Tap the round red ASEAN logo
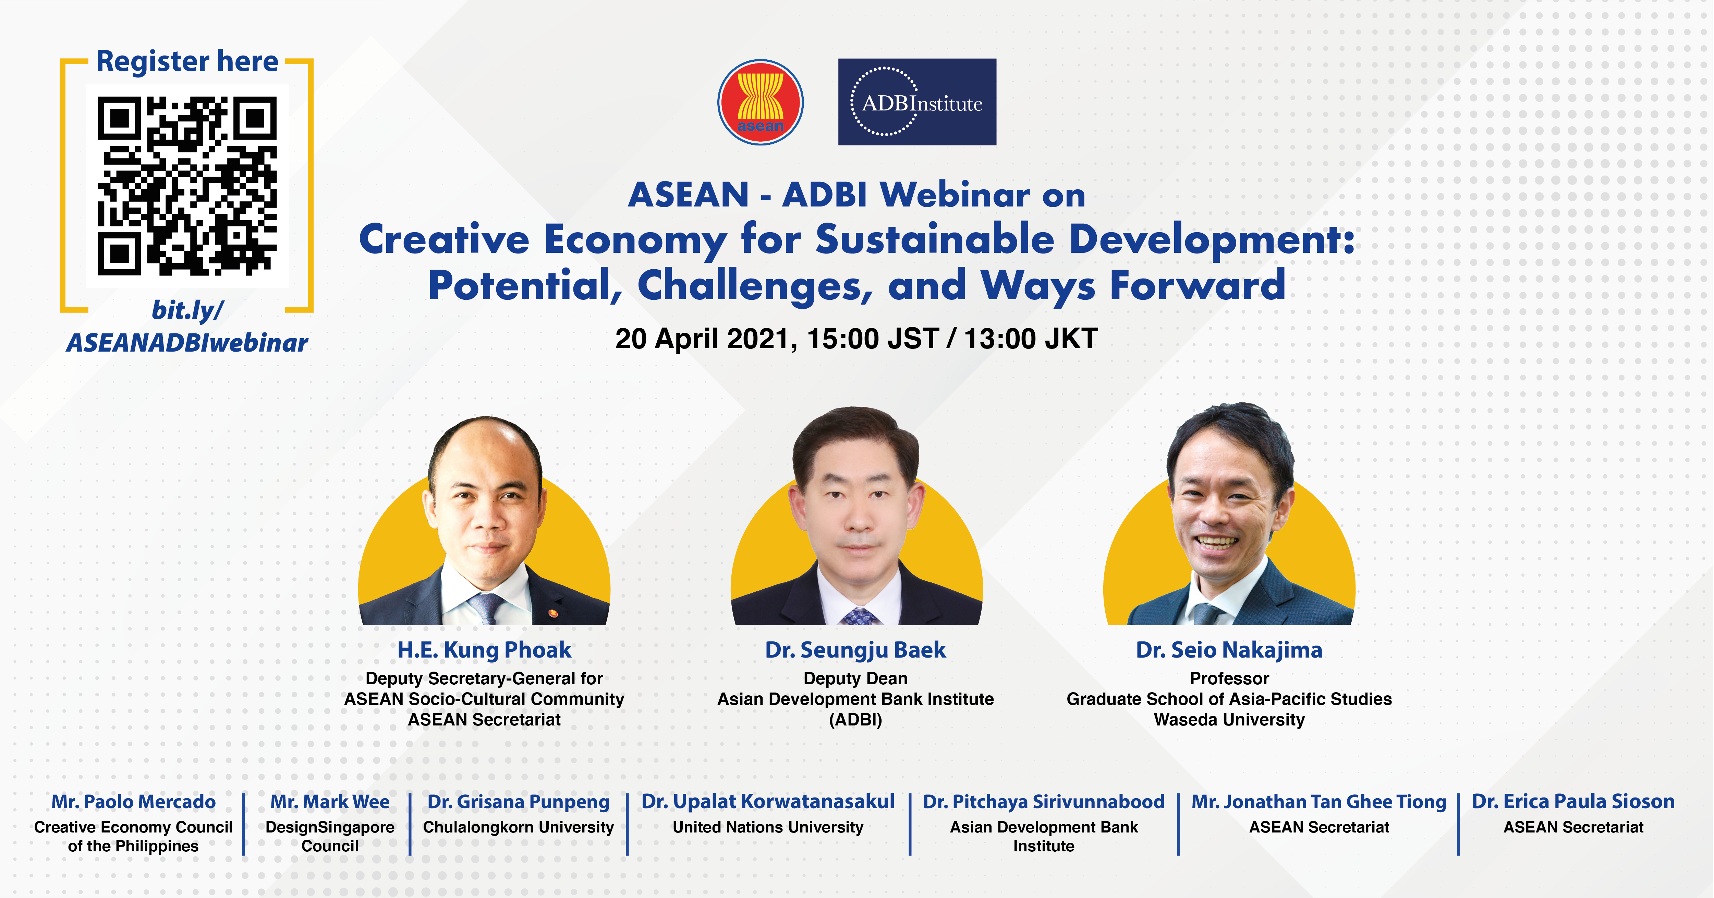[x=761, y=102]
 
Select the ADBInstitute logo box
[x=917, y=102]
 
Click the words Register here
[x=187, y=61]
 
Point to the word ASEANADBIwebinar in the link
[x=187, y=343]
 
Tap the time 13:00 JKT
[x=1031, y=339]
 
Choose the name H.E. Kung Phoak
[x=484, y=650]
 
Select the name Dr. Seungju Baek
[x=856, y=650]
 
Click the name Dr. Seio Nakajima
[x=1229, y=650]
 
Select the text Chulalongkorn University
[x=518, y=827]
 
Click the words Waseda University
[x=1229, y=720]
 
